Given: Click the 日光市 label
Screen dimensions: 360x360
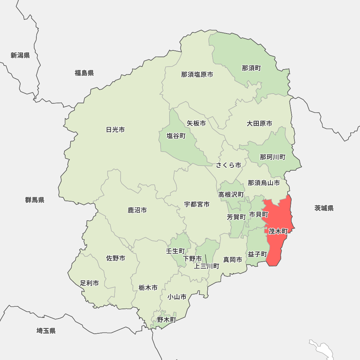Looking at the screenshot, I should coord(116,130).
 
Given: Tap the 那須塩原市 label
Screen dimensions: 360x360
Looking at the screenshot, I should coord(197,75).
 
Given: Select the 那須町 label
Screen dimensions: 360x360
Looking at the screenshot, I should coord(251,68).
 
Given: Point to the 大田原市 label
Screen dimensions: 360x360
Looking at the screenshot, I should coord(259,123).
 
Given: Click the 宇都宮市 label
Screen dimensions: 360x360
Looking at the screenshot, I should coord(197,204).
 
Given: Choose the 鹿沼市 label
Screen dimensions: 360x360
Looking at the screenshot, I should coord(137,210).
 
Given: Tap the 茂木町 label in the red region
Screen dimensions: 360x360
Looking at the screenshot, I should coord(278,231).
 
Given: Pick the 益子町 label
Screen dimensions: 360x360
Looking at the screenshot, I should coord(257,254).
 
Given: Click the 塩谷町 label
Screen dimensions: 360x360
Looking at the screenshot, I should coord(176,136).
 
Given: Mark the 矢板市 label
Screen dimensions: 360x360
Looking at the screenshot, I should coord(196,123).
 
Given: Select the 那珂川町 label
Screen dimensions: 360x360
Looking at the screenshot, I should coord(273,157).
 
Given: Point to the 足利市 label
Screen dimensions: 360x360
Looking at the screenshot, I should coord(90,283).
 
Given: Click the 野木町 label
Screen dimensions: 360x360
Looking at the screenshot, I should coord(166,319).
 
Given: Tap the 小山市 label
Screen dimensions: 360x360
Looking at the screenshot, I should coord(177,297).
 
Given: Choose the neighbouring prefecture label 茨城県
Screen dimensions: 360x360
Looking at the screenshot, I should coord(324,208).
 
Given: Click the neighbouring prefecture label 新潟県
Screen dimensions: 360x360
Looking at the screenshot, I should coord(20,55).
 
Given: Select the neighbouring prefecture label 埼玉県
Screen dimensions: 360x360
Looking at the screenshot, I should coord(46,331).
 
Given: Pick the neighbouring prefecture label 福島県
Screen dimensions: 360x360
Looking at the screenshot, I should coord(84,73).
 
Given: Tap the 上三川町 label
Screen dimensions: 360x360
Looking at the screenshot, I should coord(207,266).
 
